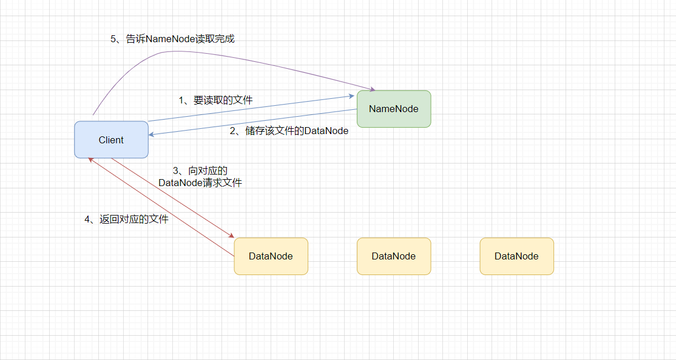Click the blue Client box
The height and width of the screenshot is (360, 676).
point(111,140)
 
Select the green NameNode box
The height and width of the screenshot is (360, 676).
point(394,109)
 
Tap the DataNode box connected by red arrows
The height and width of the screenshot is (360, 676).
point(271,256)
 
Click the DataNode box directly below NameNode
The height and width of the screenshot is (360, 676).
point(394,256)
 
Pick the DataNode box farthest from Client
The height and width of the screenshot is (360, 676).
point(516,256)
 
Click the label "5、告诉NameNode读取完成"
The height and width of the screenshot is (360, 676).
point(172,39)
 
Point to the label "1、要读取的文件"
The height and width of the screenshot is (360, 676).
point(216,100)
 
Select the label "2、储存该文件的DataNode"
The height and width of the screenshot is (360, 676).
point(289,131)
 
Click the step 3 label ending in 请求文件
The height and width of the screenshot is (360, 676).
point(200,177)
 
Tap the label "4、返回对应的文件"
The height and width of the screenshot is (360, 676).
point(127,220)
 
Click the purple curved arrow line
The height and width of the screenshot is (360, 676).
point(231,58)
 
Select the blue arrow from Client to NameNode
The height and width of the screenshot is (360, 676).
point(249,109)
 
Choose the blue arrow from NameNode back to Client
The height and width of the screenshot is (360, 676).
point(254,122)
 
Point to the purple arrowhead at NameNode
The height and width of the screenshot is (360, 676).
point(372,89)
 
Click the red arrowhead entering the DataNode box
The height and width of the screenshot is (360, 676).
point(231,236)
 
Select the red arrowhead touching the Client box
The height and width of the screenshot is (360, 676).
point(91,160)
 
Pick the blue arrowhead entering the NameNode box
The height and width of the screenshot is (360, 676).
point(352,96)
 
